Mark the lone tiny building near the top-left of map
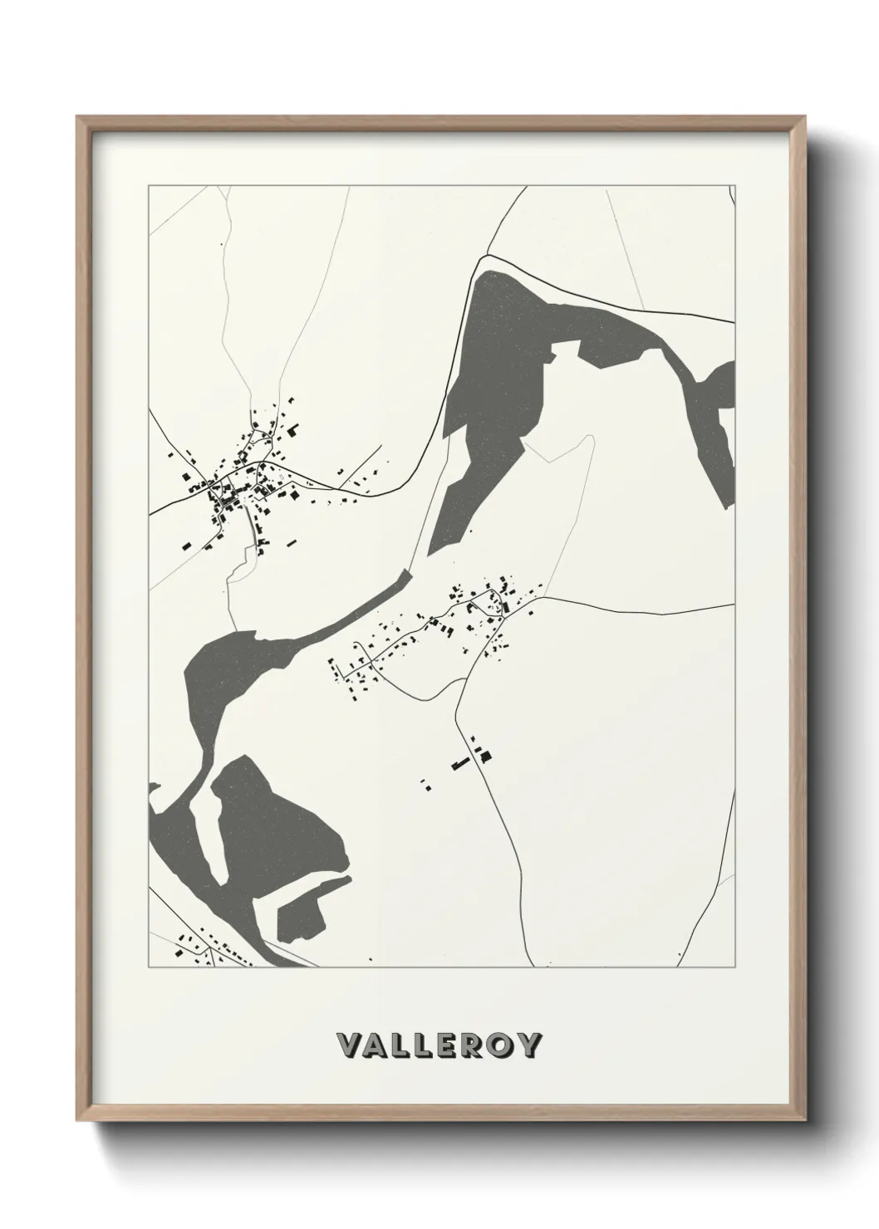tap(222, 244)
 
